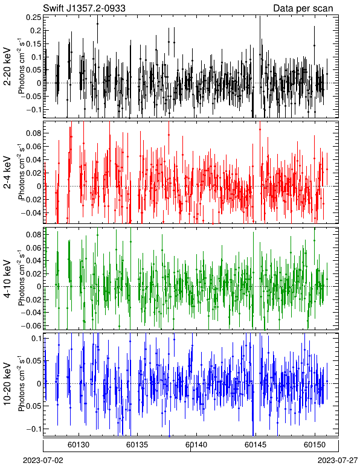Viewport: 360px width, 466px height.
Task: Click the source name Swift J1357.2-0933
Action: [x=84, y=8]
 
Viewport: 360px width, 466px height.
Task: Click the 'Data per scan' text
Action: [x=303, y=8]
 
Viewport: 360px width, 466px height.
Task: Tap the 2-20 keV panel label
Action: [x=7, y=66]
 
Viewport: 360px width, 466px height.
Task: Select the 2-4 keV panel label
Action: [x=7, y=172]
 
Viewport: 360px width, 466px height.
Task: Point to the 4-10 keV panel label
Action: [x=7, y=279]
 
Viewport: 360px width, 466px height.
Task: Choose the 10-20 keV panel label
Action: [x=7, y=384]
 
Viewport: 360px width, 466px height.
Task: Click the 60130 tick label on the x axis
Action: [x=79, y=445]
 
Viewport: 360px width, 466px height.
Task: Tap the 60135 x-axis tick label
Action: [x=137, y=445]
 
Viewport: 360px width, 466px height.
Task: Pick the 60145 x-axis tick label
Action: [x=256, y=445]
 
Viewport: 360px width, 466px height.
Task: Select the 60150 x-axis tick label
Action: [x=315, y=445]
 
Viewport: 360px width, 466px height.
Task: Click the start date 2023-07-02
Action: [x=43, y=461]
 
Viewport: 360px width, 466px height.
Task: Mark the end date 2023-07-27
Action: [x=338, y=461]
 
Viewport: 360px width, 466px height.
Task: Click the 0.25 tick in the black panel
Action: [x=34, y=18]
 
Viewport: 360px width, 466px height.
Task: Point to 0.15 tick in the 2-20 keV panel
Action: [x=34, y=43]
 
